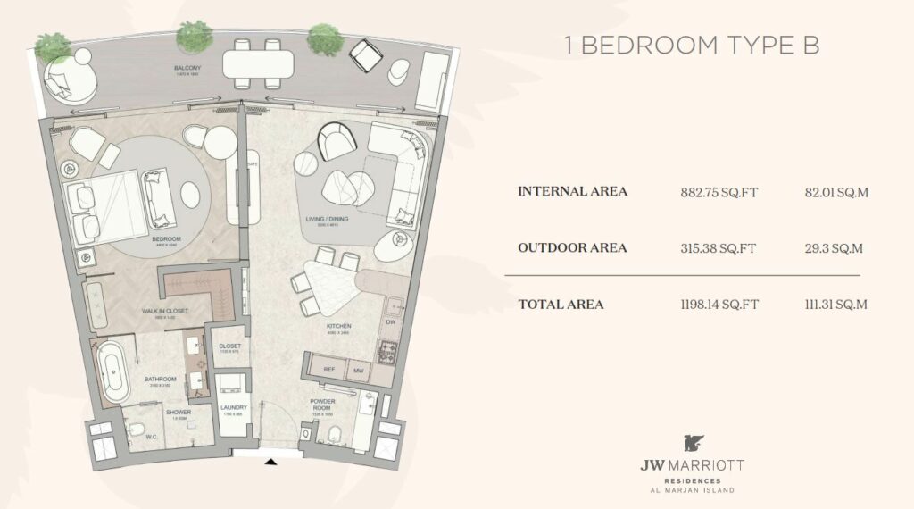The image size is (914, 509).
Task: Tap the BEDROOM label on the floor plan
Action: pyautogui.click(x=167, y=239)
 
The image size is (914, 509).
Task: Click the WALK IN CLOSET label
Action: pyautogui.click(x=167, y=310)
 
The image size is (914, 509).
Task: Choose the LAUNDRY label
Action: pyautogui.click(x=233, y=408)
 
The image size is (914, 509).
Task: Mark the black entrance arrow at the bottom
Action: pyautogui.click(x=271, y=462)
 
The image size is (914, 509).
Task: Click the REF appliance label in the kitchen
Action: pyautogui.click(x=328, y=368)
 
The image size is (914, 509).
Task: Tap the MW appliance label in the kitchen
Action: pyautogui.click(x=359, y=368)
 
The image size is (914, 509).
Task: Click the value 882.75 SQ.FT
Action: pyautogui.click(x=719, y=191)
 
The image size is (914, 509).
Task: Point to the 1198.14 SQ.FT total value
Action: pyautogui.click(x=719, y=305)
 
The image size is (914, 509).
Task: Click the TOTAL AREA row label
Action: pyautogui.click(x=561, y=305)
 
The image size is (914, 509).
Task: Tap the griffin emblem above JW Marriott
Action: pyautogui.click(x=692, y=443)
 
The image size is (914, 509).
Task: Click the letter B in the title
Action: pyautogui.click(x=810, y=47)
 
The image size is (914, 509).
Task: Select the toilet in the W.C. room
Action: pyautogui.click(x=134, y=433)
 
